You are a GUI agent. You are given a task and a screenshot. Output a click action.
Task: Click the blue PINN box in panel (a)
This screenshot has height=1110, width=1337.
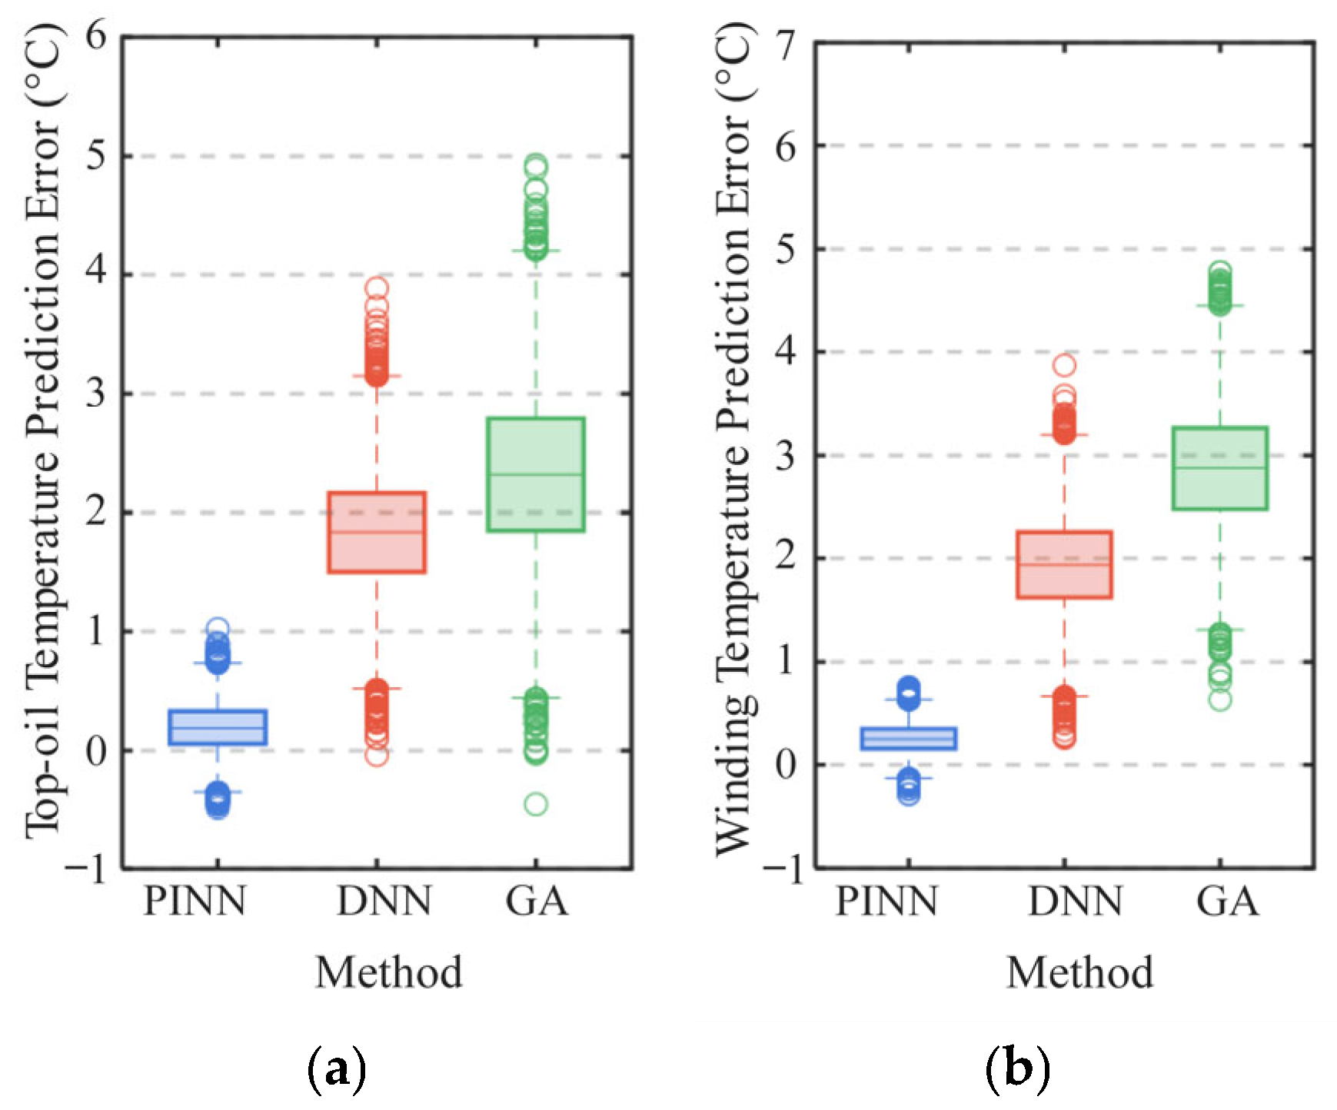click(218, 726)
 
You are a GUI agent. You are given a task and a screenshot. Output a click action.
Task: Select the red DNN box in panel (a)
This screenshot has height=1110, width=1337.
click(377, 532)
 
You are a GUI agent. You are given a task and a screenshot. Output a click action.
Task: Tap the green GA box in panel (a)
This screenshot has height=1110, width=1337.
click(536, 474)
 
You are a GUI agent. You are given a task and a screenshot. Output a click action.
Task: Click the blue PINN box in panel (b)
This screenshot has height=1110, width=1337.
click(909, 738)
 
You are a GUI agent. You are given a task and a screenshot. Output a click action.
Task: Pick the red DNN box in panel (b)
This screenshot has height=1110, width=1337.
click(1064, 564)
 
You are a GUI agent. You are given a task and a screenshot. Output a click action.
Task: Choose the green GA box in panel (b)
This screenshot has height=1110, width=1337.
click(1219, 467)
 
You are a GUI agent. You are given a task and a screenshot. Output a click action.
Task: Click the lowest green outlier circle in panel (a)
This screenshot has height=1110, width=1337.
click(536, 804)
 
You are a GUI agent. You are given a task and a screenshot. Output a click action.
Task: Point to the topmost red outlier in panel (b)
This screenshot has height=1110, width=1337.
click(1064, 364)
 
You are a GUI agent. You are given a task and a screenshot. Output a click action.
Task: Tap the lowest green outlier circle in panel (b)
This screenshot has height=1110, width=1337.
click(1219, 700)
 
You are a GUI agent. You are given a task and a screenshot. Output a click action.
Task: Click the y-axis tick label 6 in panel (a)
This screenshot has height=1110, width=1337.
click(96, 36)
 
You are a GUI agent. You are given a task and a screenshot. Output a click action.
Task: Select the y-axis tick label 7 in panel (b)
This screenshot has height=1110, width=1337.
click(789, 44)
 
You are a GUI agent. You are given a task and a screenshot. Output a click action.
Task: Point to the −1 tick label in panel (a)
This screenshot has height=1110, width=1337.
click(86, 870)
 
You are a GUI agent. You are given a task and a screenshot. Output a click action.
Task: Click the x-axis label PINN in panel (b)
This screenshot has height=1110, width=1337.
click(886, 901)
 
